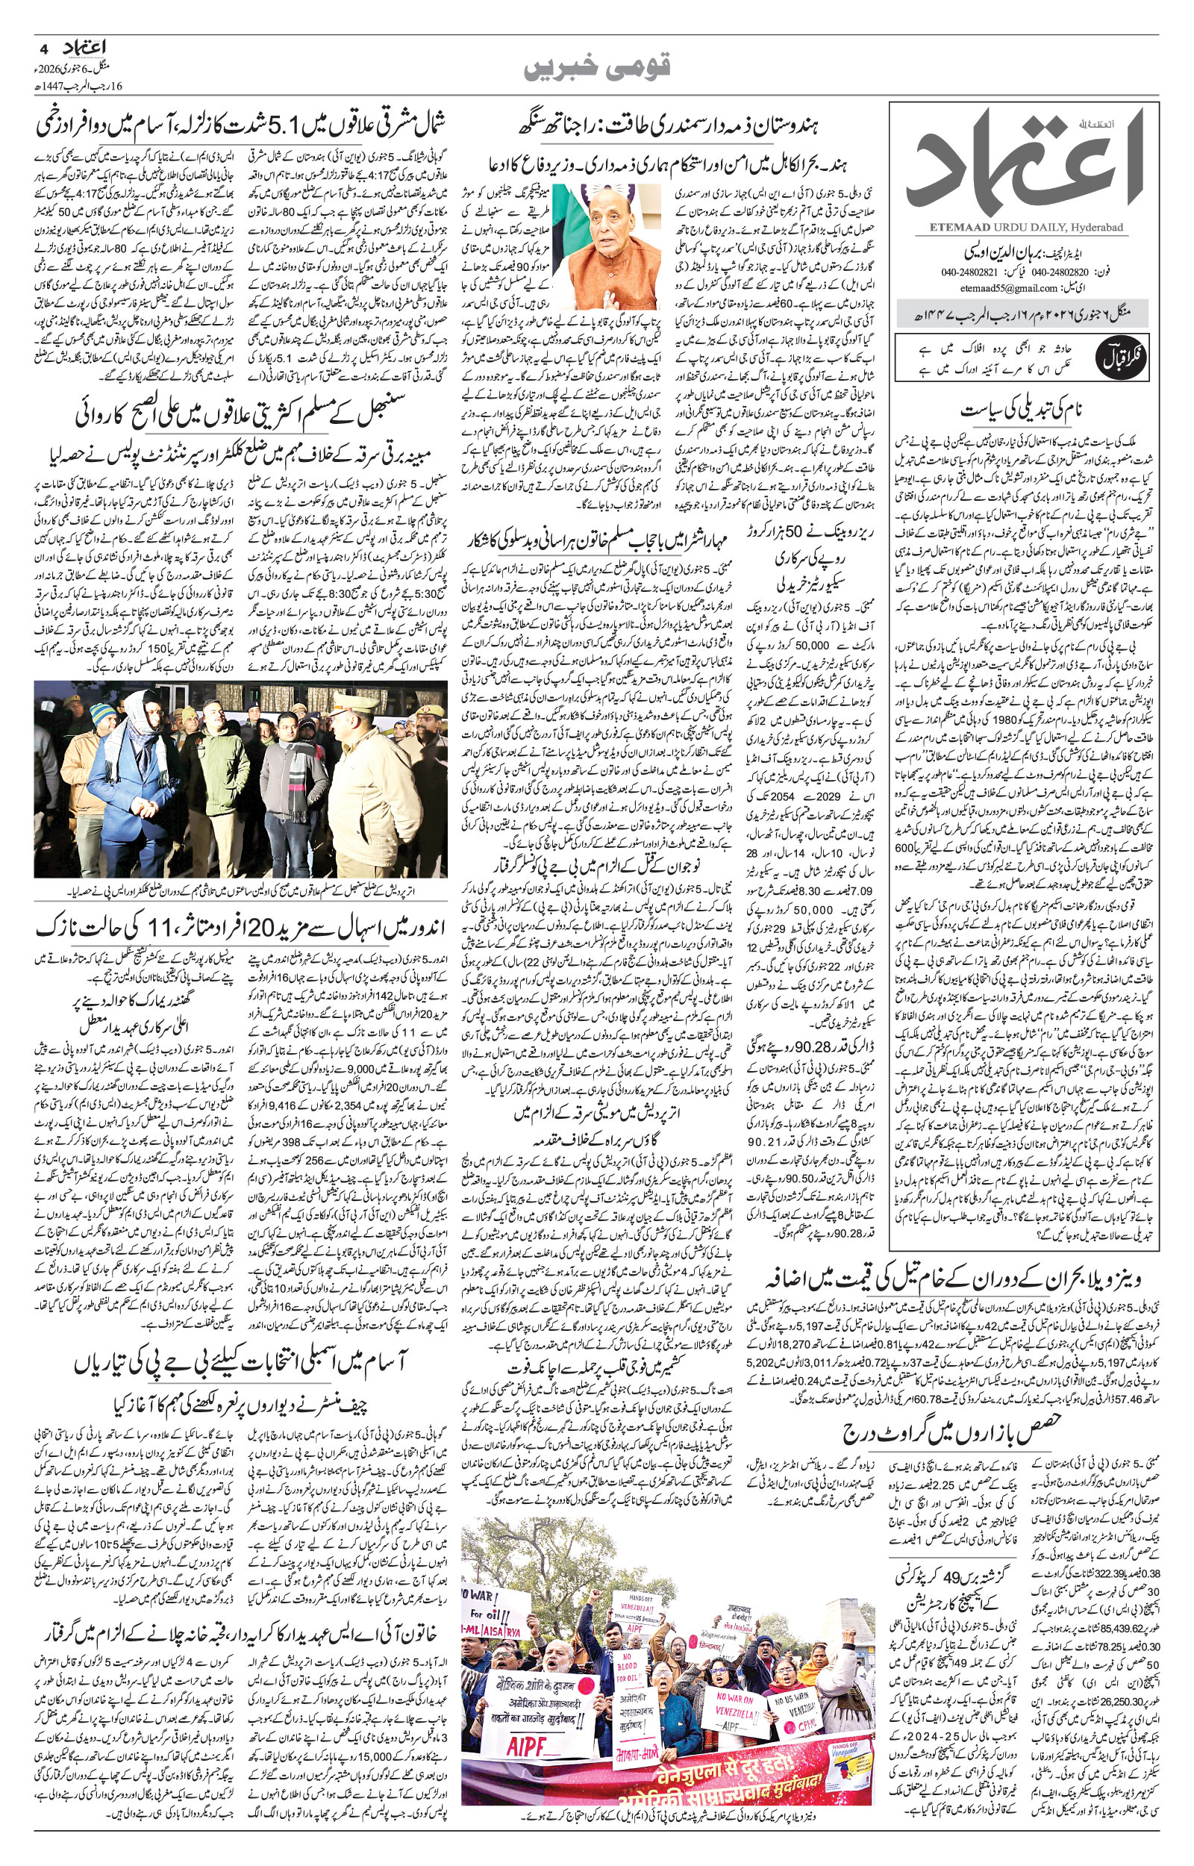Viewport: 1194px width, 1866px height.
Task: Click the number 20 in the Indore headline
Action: tap(254, 924)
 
